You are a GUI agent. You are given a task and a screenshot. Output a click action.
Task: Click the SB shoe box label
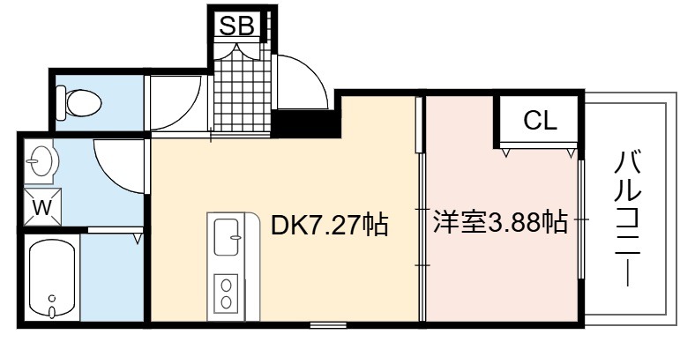click(237, 26)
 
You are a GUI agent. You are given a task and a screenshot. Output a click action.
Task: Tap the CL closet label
click(540, 120)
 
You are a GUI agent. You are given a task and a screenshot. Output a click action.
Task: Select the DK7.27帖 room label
click(329, 225)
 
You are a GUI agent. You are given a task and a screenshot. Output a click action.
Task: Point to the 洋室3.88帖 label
click(500, 222)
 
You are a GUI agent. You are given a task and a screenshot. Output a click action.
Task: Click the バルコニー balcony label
click(628, 219)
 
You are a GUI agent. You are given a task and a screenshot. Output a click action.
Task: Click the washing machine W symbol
click(42, 207)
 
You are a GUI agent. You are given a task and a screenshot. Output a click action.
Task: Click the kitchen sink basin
click(227, 237)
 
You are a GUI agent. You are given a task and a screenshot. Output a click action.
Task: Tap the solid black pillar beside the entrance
click(306, 123)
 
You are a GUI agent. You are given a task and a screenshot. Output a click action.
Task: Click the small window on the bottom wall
click(328, 325)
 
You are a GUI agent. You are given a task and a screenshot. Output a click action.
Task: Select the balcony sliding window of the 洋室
click(581, 219)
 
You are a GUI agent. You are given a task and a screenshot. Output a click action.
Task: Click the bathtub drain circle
click(52, 298)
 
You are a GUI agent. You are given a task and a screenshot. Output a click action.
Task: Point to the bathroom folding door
click(116, 230)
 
